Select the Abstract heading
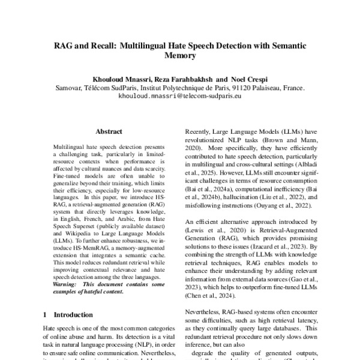(109, 131)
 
